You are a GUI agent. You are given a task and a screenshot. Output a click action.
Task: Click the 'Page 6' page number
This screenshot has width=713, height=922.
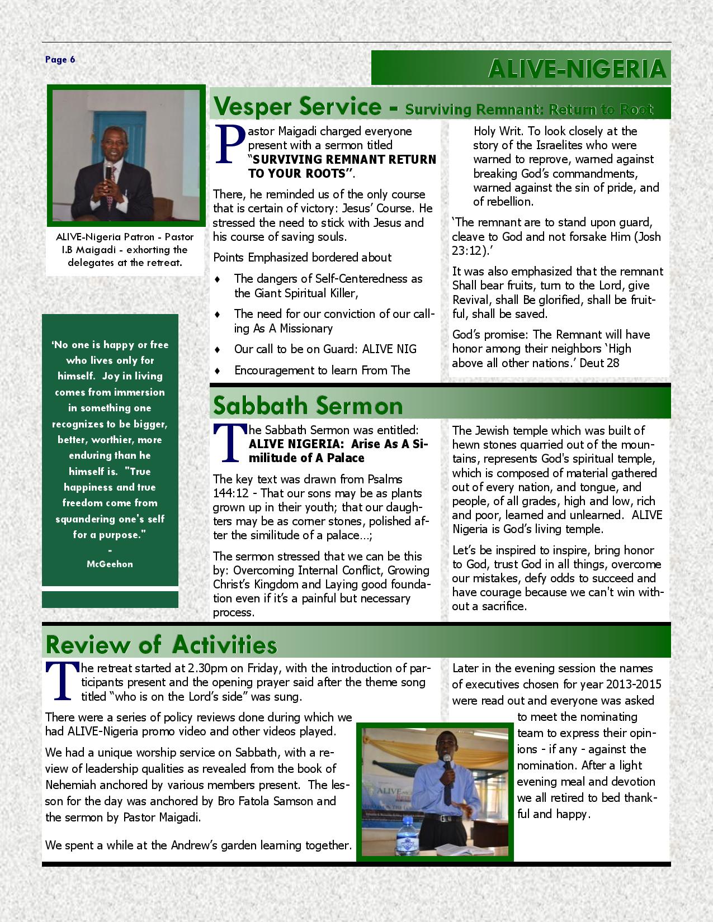(60, 60)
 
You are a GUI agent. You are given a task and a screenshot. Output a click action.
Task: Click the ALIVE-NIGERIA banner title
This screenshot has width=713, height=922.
(577, 69)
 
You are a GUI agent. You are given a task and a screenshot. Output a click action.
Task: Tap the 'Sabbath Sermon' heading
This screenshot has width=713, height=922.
(308, 406)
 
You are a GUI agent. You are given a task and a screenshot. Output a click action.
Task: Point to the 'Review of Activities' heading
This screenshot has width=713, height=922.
(161, 644)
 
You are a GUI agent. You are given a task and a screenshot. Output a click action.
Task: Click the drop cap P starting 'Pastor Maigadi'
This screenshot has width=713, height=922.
(229, 145)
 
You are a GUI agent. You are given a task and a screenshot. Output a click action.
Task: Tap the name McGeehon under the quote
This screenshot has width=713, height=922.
(110, 564)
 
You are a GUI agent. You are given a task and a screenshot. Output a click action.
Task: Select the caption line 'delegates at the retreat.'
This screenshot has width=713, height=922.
(125, 263)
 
